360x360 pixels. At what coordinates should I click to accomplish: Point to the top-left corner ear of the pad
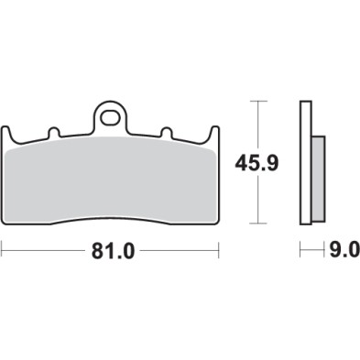(9, 130)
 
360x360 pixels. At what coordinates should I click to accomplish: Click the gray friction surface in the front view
(111, 179)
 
